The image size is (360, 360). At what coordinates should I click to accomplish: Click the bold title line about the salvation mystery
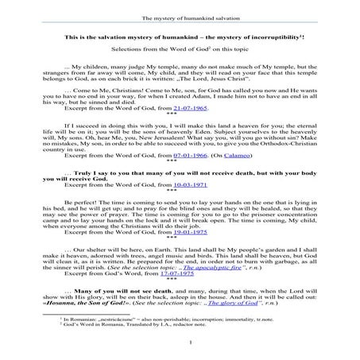click(180, 38)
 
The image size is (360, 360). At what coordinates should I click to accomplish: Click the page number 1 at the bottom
click(180, 343)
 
